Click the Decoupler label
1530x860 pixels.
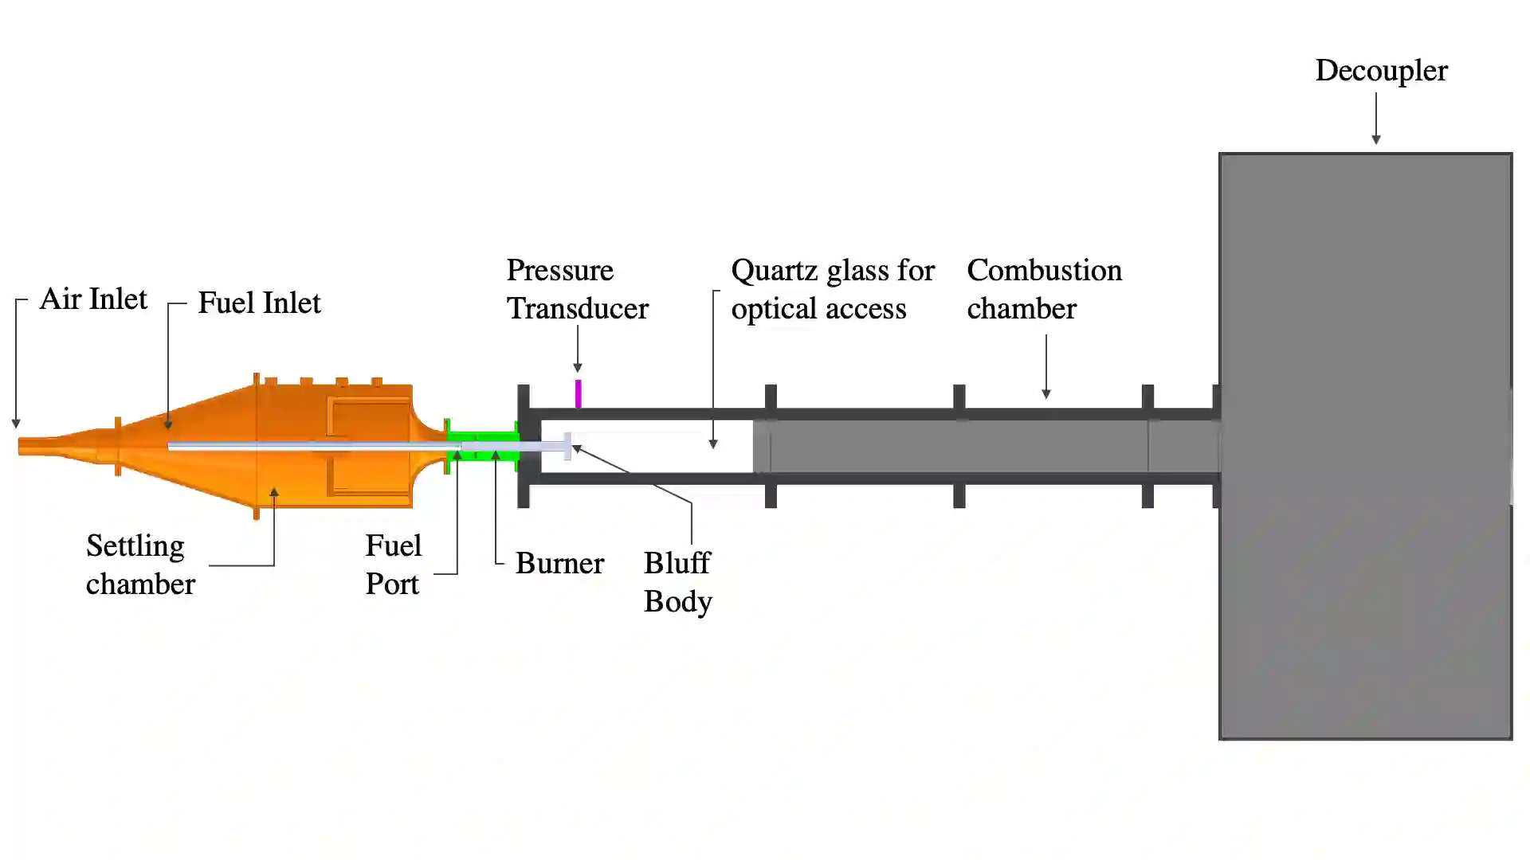tap(1381, 71)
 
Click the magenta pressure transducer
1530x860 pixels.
tap(578, 394)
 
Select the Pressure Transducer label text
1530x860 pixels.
tap(577, 289)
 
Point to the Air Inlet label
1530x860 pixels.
tap(93, 299)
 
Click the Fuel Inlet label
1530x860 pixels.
tap(259, 303)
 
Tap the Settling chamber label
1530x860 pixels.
tap(140, 565)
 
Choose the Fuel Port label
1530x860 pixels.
tap(393, 565)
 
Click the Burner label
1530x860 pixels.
tap(559, 564)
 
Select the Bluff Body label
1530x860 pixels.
tap(677, 582)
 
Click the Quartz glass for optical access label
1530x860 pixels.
tap(832, 289)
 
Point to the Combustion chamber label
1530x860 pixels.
tap(1044, 289)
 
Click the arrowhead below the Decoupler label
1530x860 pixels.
tap(1376, 139)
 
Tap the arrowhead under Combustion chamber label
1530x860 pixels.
tap(1046, 393)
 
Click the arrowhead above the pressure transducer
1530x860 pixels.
tap(578, 367)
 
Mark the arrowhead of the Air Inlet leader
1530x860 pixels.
tap(16, 424)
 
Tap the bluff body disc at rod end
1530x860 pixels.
tap(567, 446)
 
